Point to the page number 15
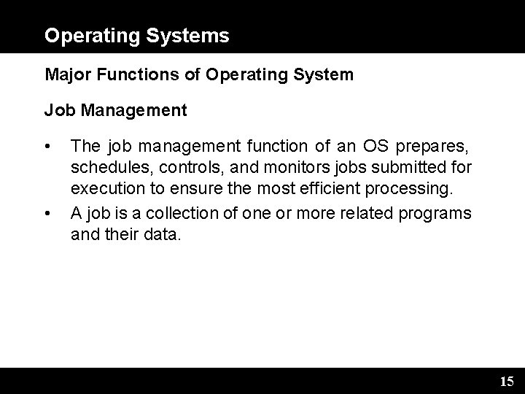pos(507,381)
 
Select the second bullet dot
pos(47,214)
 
